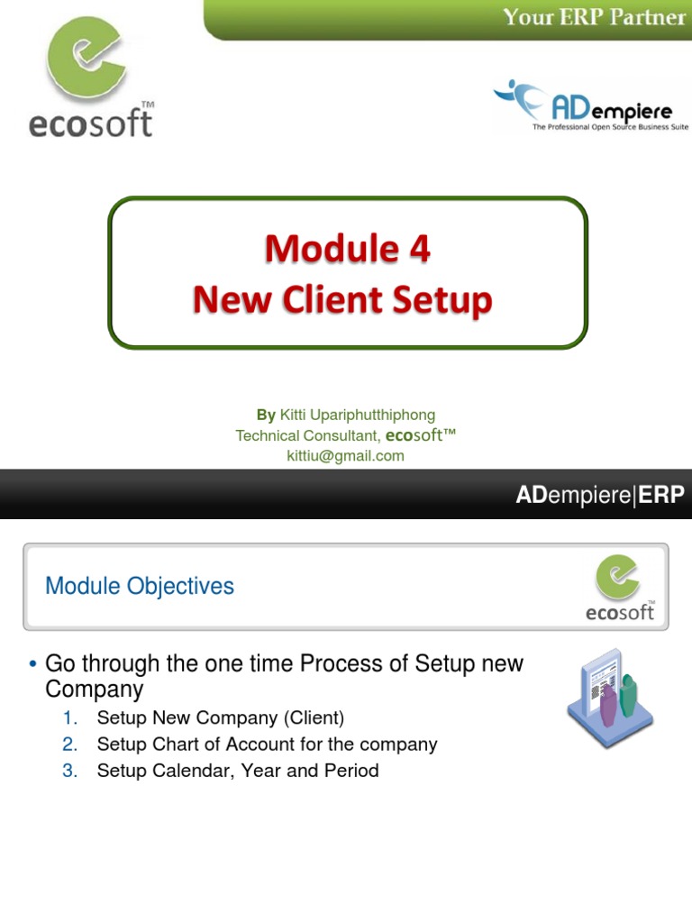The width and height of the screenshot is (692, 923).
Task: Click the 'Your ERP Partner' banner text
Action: coord(594,17)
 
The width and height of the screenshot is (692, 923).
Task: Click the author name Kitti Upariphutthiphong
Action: coord(358,415)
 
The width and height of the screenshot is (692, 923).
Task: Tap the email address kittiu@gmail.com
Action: coord(345,456)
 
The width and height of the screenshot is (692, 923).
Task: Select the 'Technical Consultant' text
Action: coord(307,435)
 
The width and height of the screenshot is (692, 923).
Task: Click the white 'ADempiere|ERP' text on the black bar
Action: coord(599,495)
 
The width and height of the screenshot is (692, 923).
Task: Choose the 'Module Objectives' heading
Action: coord(140,586)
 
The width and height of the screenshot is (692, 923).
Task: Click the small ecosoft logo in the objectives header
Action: coord(620,587)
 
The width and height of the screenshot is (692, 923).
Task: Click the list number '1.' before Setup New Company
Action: coord(71,718)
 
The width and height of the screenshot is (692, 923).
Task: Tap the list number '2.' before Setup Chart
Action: coord(71,745)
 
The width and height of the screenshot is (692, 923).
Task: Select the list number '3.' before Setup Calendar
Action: coord(71,771)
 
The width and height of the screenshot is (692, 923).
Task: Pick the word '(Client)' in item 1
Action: coord(314,718)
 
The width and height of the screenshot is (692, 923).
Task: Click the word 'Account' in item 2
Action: coord(257,745)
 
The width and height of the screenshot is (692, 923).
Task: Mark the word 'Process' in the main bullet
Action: coord(341,664)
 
